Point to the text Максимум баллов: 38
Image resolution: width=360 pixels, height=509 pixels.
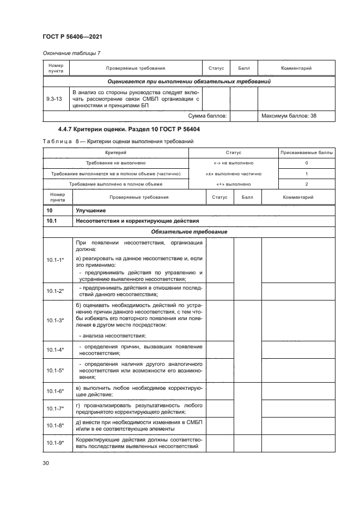click(288, 116)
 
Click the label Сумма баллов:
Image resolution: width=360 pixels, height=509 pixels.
click(207, 116)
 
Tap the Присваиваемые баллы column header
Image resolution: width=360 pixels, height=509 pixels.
click(306, 154)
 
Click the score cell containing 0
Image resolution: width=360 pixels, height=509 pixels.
click(306, 163)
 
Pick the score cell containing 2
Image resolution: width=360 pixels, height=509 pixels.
click(306, 184)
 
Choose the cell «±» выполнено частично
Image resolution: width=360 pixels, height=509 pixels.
click(233, 174)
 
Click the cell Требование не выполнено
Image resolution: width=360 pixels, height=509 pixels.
click(115, 163)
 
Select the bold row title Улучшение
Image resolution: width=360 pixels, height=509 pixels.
click(90, 210)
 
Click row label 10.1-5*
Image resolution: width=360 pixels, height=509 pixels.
click(56, 370)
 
